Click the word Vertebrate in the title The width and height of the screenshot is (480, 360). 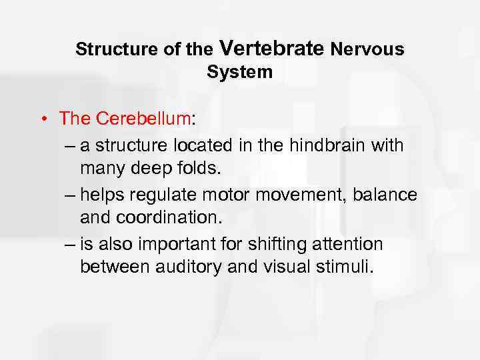coord(271,48)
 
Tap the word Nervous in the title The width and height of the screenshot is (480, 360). coord(367,49)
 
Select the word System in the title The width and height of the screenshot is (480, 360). coord(240,73)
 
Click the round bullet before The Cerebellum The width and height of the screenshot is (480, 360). coord(42,120)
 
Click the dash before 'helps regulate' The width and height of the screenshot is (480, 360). coord(71,195)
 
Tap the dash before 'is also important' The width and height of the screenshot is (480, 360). coord(71,244)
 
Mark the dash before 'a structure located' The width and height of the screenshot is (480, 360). coord(71,144)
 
